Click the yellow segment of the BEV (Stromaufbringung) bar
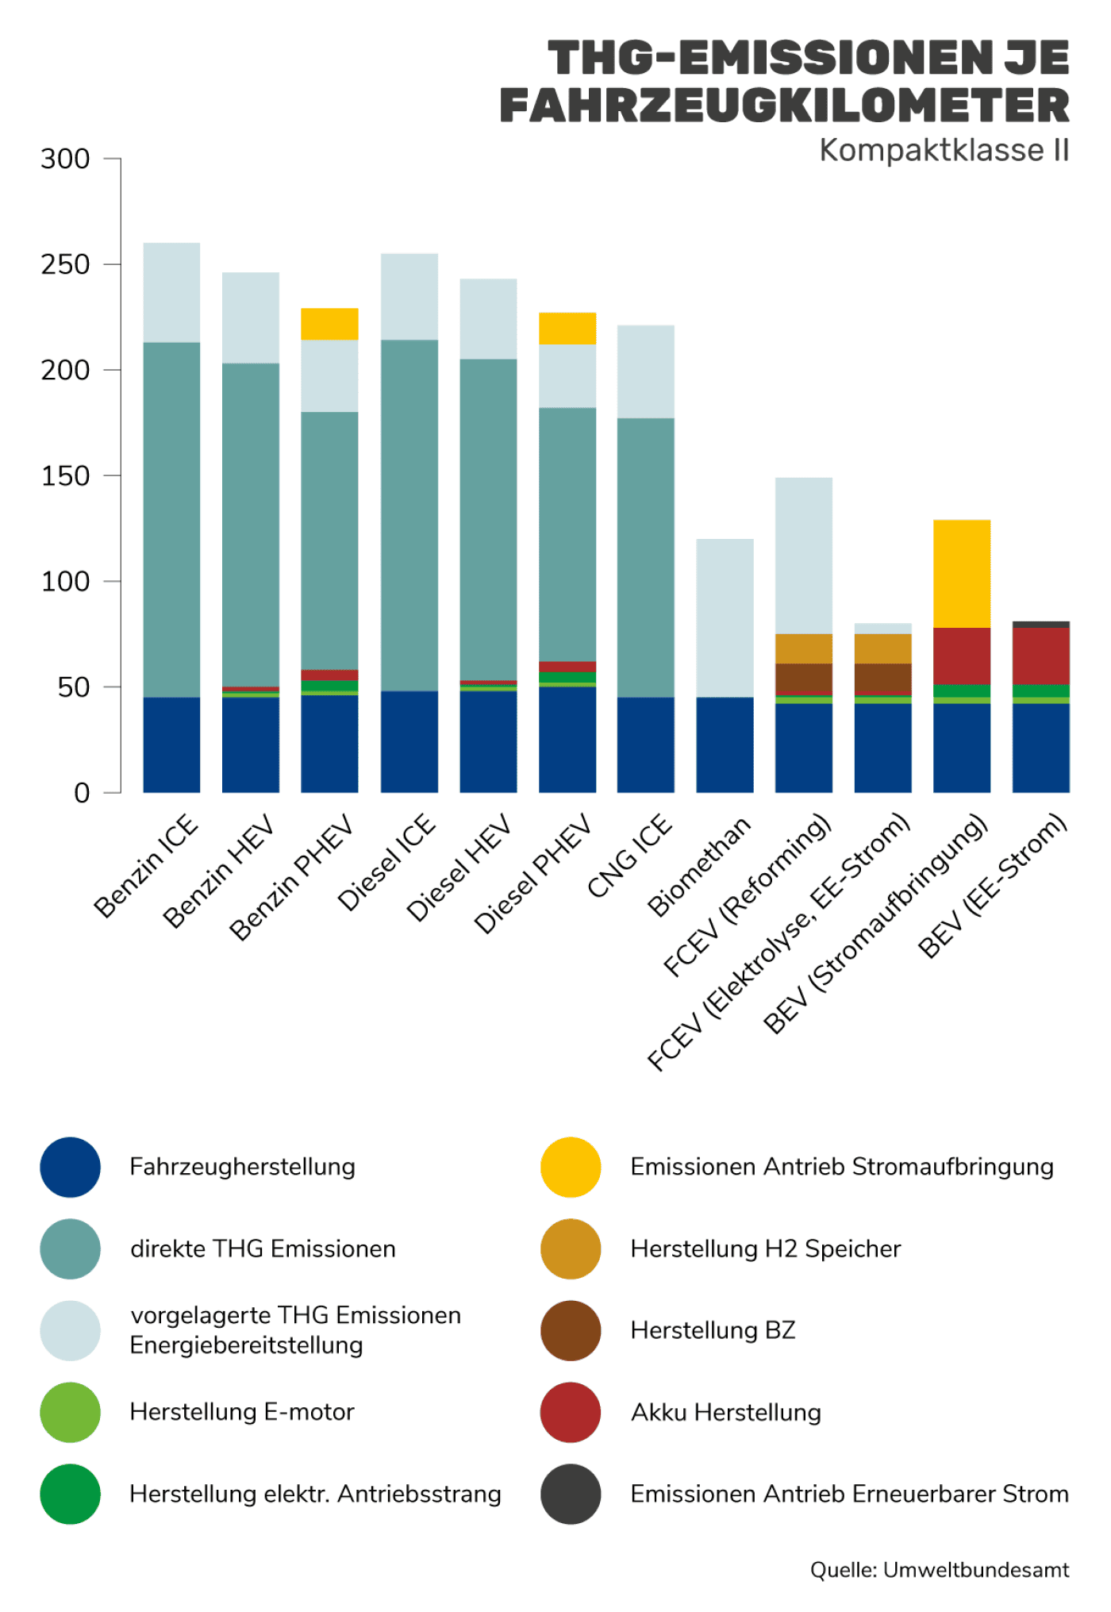[962, 574]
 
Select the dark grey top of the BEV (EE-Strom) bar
[1040, 625]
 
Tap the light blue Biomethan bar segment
[725, 617]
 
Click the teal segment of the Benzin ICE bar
[171, 520]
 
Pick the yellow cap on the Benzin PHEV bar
[329, 324]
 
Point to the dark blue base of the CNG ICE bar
[646, 744]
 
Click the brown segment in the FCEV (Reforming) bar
[803, 679]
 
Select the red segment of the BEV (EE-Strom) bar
[1040, 656]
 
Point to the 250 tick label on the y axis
[65, 264]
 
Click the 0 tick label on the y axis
[82, 793]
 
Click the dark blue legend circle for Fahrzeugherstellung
[71, 1168]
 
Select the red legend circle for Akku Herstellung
[571, 1413]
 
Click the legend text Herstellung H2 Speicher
[765, 1249]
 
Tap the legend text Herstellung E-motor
[242, 1412]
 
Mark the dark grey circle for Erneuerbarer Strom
[571, 1495]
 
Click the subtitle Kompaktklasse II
[944, 150]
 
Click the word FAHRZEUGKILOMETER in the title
[784, 106]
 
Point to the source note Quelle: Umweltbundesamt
[939, 1570]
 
